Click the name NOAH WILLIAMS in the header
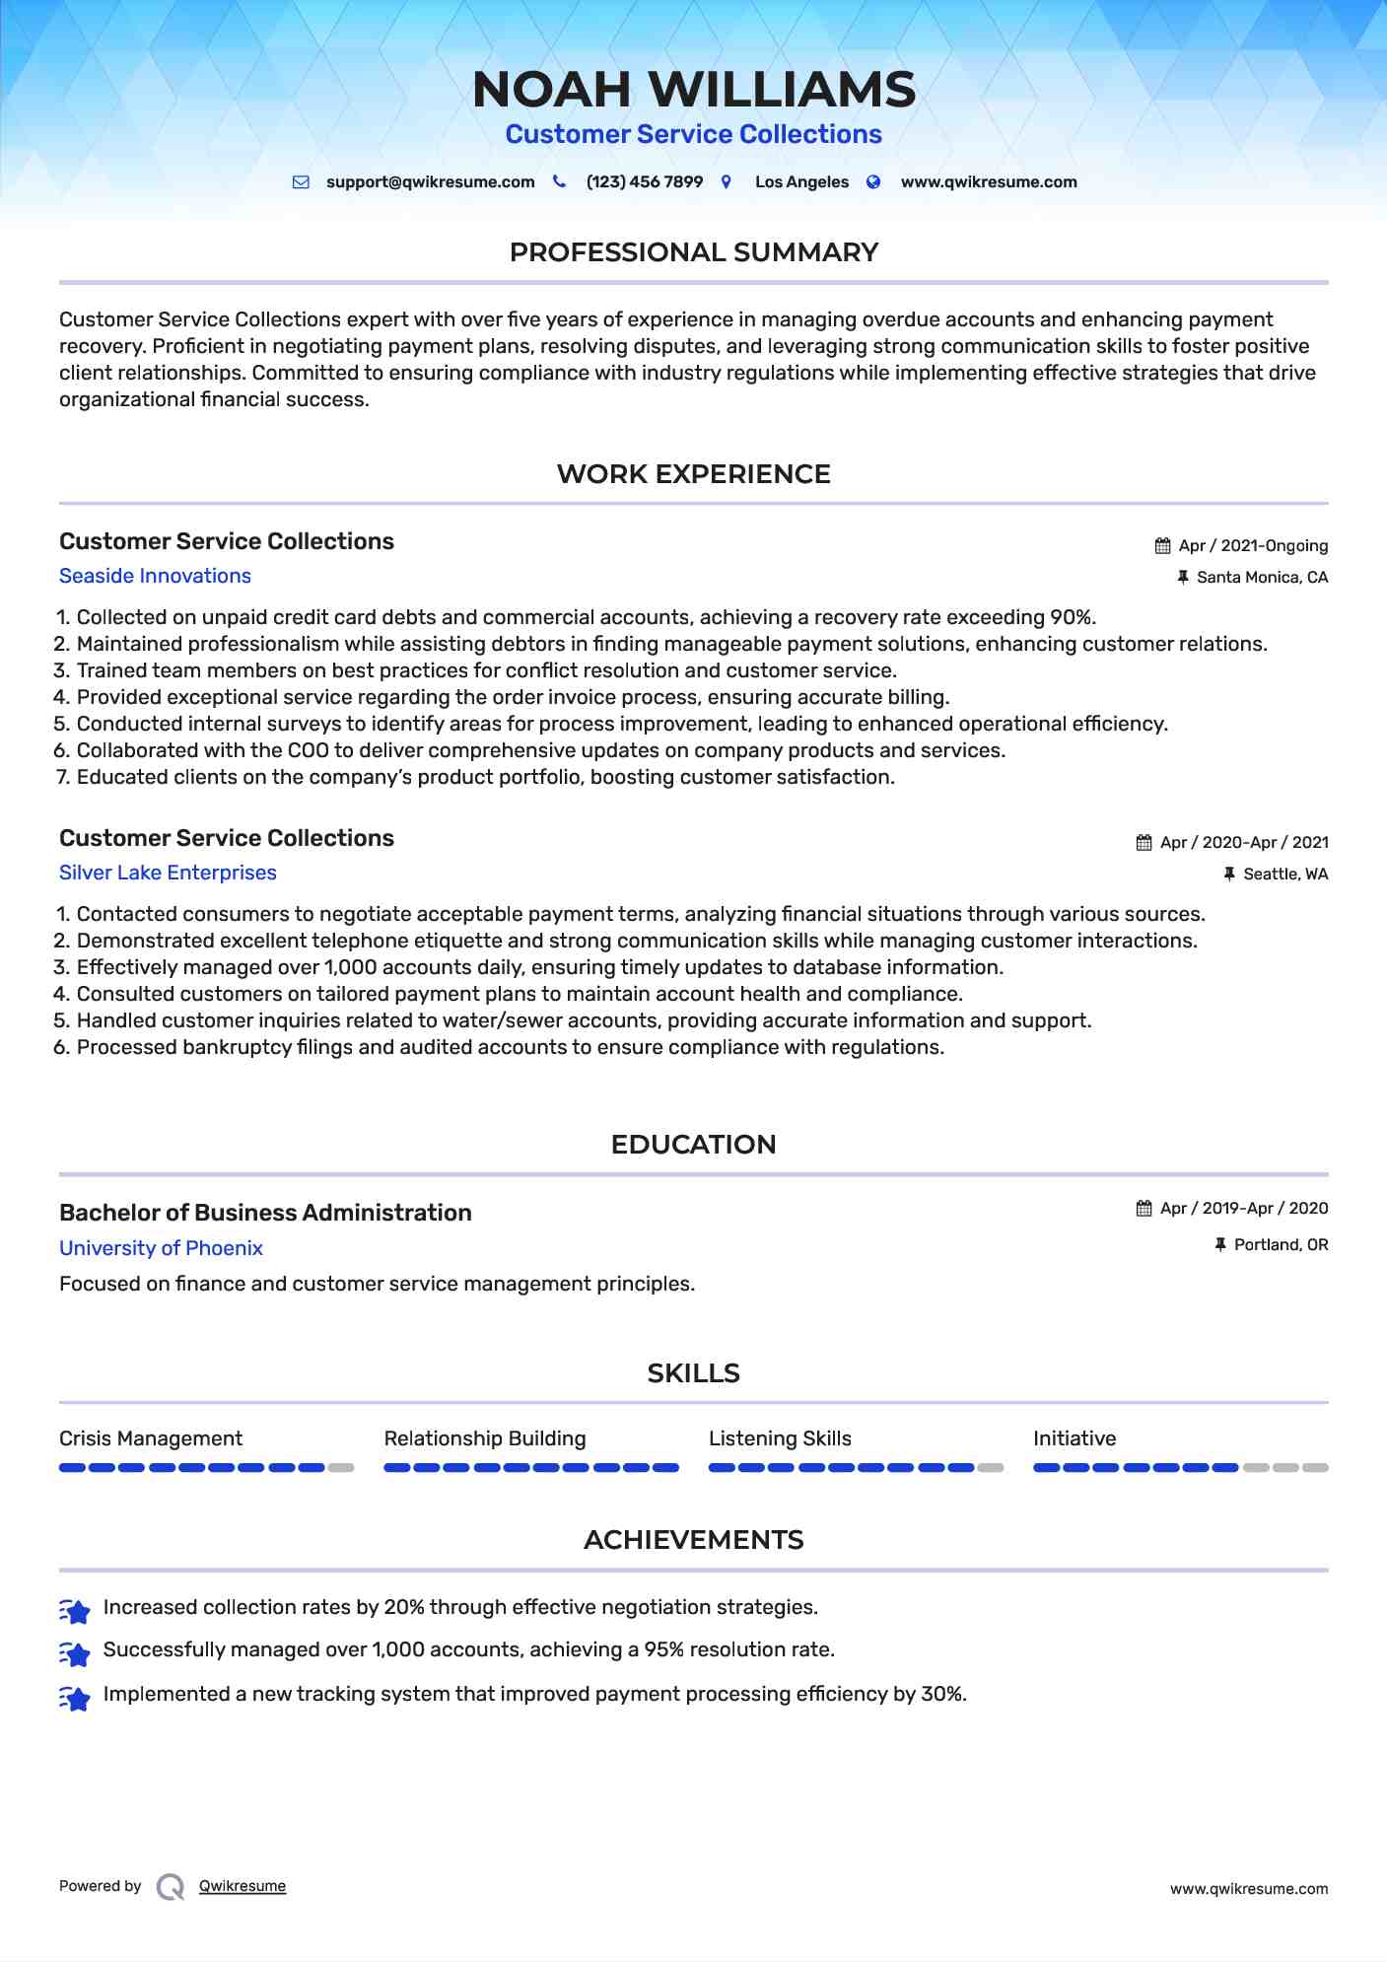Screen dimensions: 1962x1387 click(693, 90)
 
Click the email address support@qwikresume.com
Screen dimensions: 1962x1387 click(430, 182)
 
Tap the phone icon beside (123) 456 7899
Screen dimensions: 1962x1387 click(559, 181)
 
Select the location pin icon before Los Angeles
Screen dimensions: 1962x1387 click(727, 181)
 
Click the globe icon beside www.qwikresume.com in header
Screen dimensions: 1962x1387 click(873, 181)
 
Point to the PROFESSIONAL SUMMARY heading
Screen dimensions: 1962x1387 click(693, 252)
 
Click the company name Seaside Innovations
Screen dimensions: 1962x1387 click(155, 576)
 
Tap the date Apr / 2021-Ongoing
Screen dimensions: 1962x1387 click(1253, 546)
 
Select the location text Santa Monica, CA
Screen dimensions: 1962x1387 click(1262, 578)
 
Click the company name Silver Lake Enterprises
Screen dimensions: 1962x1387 click(168, 873)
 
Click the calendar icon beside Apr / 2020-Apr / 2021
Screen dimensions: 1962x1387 click(1144, 843)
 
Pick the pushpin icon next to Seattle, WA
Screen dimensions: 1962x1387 click(1229, 875)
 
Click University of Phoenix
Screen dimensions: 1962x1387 click(161, 1248)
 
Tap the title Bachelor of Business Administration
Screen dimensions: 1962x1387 click(265, 1213)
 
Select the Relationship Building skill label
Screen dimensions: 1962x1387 click(485, 1438)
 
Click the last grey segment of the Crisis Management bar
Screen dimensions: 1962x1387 click(341, 1468)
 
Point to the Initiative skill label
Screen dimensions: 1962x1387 click(1075, 1438)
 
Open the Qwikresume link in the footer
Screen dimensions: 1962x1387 click(243, 1886)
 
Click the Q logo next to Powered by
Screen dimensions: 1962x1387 click(171, 1887)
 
